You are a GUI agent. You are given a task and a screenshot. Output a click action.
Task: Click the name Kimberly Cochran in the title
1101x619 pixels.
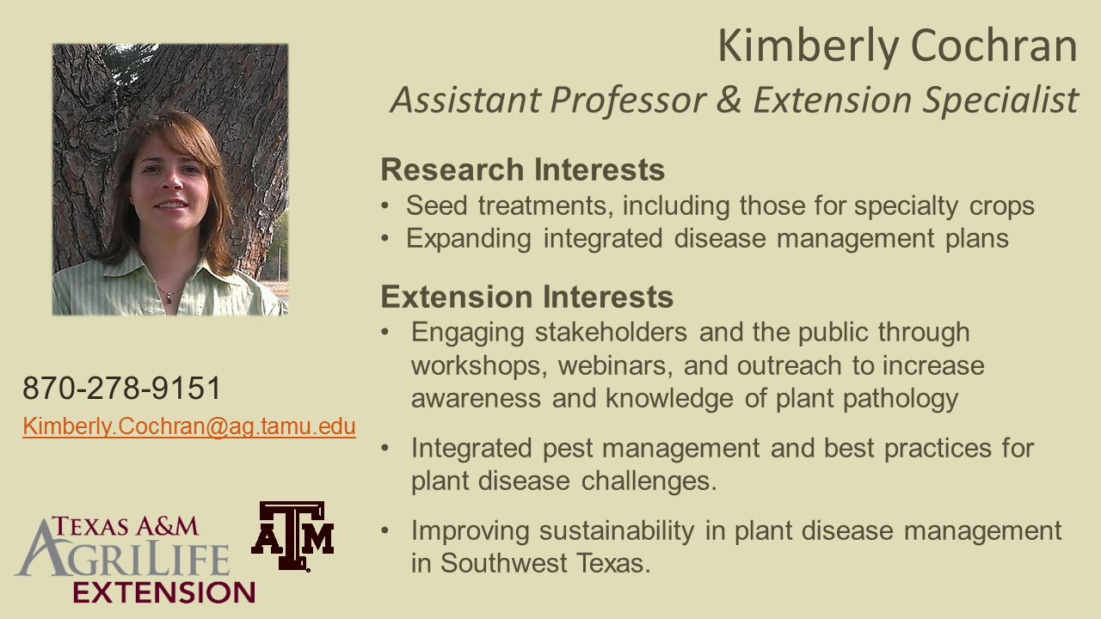point(897,47)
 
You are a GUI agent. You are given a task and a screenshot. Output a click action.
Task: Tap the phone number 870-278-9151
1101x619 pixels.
point(122,388)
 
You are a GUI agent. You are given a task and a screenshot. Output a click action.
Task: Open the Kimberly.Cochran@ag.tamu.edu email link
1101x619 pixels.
point(189,426)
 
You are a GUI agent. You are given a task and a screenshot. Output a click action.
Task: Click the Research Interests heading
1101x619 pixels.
point(522,169)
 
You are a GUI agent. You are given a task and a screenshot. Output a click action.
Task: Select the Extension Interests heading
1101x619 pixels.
point(527,297)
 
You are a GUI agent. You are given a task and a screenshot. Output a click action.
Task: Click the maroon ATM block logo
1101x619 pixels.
point(293,536)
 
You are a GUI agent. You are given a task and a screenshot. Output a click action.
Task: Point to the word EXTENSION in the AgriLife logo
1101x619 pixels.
point(164,592)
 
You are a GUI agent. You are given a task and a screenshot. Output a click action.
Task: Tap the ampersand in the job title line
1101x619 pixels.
point(729,100)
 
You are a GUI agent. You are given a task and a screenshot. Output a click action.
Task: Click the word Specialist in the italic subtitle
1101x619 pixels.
point(1000,101)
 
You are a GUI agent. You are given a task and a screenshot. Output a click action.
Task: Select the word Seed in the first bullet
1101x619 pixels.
point(436,205)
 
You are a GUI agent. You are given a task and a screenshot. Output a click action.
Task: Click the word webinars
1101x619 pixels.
point(615,366)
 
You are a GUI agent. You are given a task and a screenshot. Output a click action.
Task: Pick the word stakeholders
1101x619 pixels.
point(611,332)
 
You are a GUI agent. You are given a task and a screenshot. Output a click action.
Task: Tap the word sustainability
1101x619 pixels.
point(617,531)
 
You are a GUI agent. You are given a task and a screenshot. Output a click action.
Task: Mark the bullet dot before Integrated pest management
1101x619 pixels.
point(384,448)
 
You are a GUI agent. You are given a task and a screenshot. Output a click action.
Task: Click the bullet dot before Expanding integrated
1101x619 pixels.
point(384,239)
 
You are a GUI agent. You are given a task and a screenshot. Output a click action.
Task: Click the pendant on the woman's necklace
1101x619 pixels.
point(169,297)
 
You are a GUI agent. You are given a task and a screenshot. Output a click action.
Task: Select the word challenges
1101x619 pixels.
point(649,481)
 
